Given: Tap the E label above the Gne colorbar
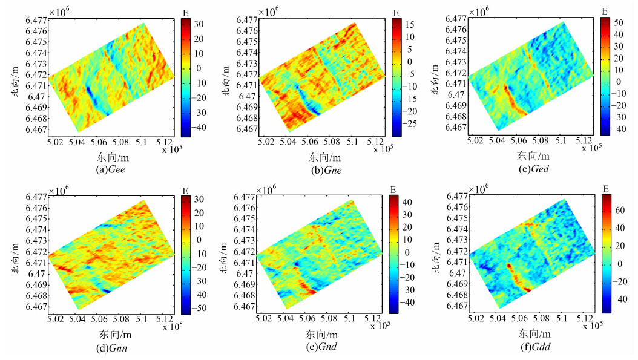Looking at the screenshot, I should [x=395, y=11].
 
